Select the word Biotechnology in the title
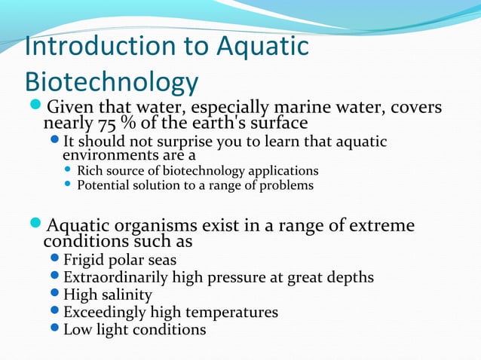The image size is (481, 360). point(112,83)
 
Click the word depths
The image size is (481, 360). point(348,278)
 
